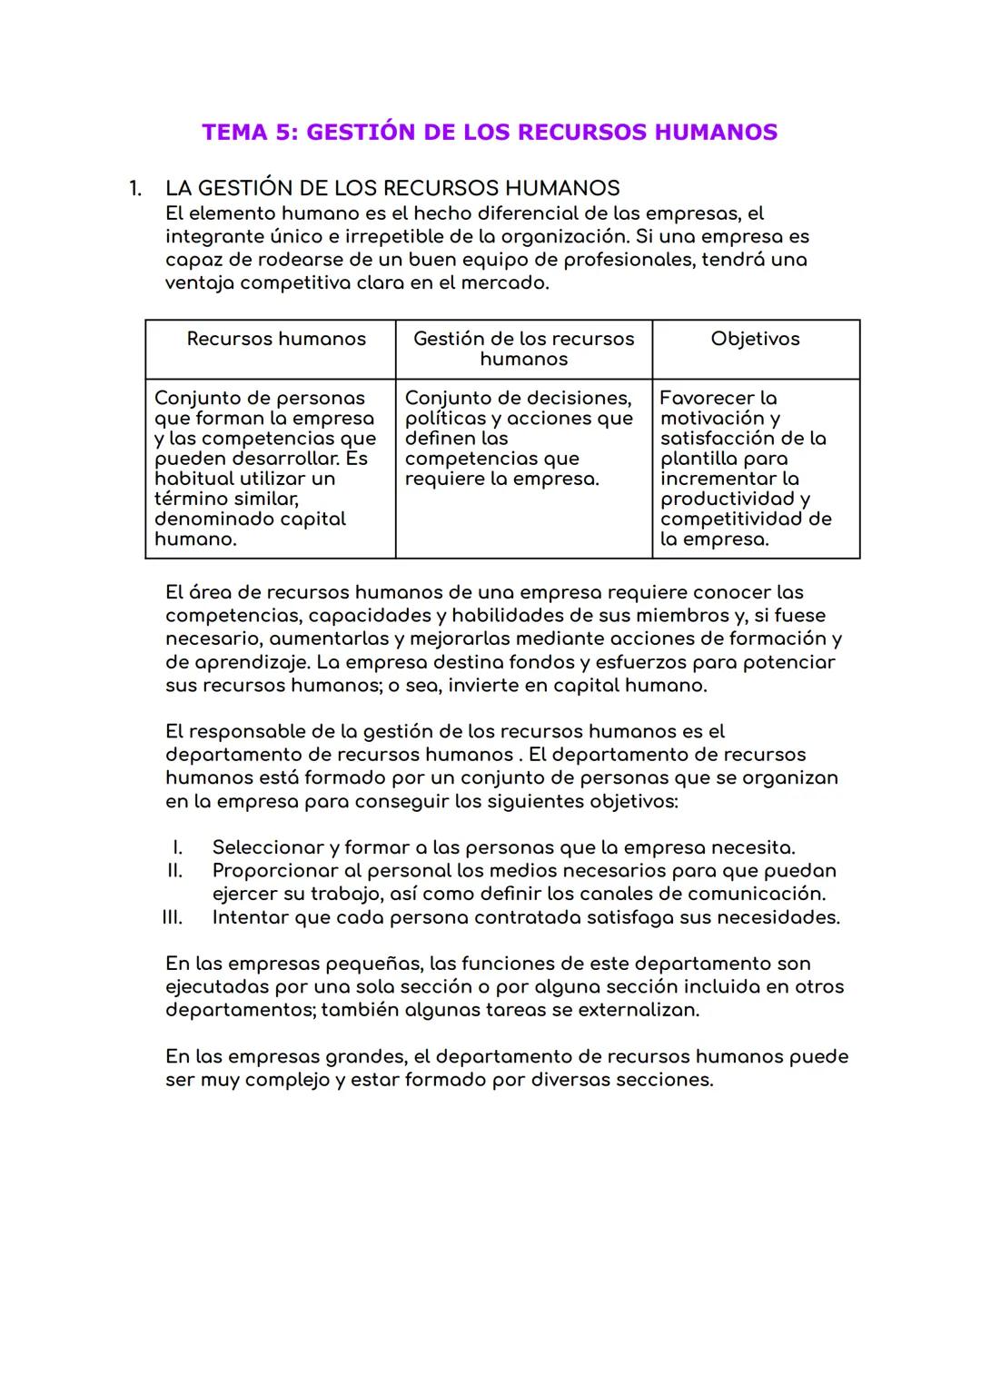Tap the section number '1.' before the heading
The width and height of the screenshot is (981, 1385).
pos(135,189)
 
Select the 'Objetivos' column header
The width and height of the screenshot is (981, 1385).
pos(755,339)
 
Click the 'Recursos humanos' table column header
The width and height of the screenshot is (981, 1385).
pos(276,339)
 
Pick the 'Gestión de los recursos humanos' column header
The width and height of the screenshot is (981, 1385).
pos(523,349)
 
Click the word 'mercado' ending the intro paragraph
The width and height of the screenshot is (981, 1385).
pos(510,283)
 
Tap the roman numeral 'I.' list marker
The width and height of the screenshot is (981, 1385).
pos(177,847)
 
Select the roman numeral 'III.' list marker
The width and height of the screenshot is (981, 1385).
pos(173,917)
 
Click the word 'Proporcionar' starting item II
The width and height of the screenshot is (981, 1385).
pos(274,871)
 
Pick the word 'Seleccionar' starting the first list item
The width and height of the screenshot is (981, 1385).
pos(268,847)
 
